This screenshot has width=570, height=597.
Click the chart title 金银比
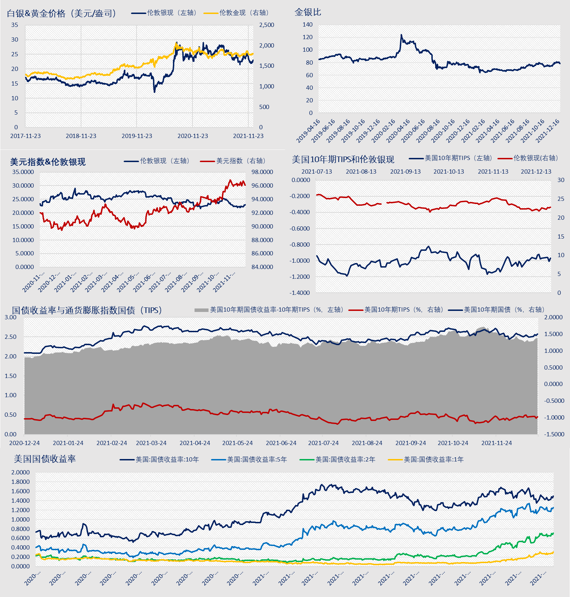[x=308, y=12]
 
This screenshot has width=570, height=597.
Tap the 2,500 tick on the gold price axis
[x=266, y=25]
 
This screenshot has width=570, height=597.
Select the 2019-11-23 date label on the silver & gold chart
[x=137, y=136]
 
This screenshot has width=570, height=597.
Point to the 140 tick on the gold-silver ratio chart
[x=308, y=25]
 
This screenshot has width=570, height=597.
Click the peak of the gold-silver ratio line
[x=401, y=35]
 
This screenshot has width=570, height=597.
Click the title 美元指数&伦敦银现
[x=48, y=162]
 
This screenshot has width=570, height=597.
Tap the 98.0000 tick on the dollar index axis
[x=262, y=172]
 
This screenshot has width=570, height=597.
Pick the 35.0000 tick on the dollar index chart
[x=23, y=172]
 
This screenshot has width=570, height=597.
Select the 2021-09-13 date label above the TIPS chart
[x=405, y=172]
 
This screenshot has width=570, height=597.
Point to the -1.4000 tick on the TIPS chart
[x=300, y=293]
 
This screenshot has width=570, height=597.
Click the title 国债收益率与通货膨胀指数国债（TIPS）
[x=87, y=310]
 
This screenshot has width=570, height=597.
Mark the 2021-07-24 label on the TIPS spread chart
[x=323, y=443]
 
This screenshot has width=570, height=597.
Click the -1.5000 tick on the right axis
[x=554, y=434]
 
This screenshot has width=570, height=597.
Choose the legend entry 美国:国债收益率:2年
[x=345, y=460]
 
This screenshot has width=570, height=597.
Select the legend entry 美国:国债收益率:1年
[x=433, y=460]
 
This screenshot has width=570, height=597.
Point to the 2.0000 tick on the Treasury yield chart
[x=21, y=472]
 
